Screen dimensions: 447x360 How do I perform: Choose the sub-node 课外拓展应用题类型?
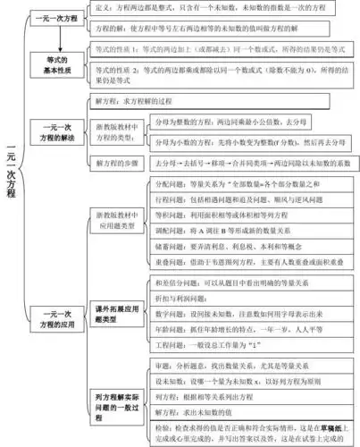[115, 314]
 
